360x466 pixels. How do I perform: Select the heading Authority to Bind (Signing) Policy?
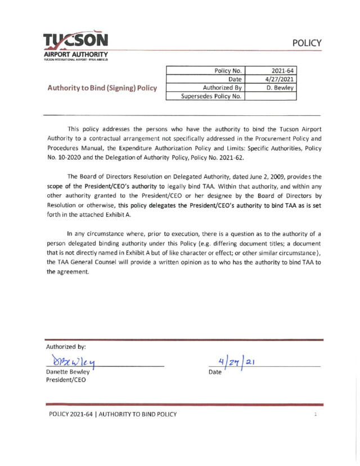pyautogui.click(x=102, y=88)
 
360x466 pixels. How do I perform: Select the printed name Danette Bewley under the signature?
pyautogui.click(x=67, y=372)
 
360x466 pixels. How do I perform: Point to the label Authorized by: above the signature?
pyautogui.click(x=66, y=346)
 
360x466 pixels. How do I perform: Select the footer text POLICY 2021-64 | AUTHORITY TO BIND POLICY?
pyautogui.click(x=112, y=415)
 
